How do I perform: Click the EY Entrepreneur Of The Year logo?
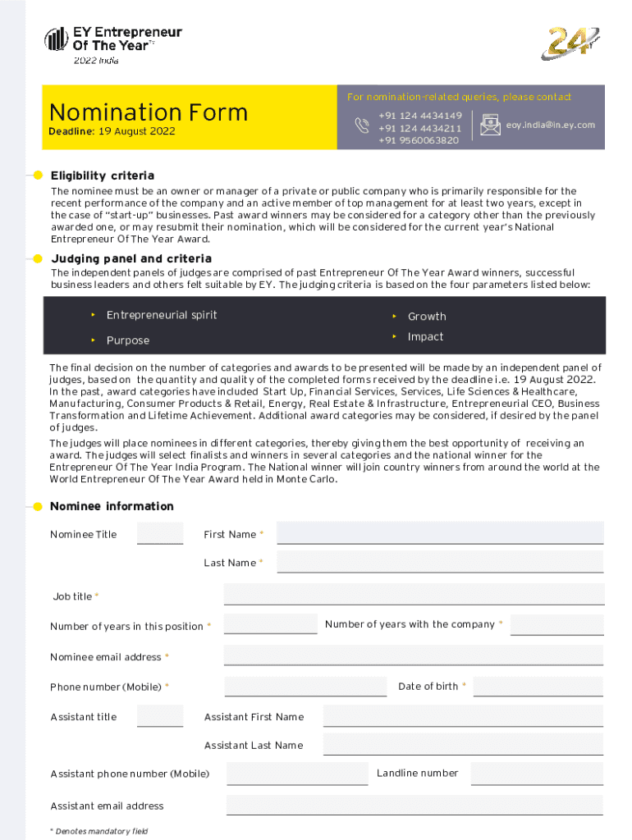112,41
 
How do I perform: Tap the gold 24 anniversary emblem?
570,43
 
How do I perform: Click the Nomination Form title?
149,112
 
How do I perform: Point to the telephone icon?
362,125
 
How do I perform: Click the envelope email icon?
491,125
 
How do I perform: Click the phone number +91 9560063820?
419,140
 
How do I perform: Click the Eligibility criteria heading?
102,176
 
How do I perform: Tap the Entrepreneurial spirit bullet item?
162,315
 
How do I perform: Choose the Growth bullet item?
427,317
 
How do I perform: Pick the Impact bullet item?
425,337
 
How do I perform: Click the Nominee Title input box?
160,533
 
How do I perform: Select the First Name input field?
440,533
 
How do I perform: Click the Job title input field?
414,595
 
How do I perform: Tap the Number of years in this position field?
270,624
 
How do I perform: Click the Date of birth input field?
538,687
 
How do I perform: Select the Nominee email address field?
414,655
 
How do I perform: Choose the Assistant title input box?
160,716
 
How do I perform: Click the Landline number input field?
536,774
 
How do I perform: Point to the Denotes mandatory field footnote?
99,831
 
